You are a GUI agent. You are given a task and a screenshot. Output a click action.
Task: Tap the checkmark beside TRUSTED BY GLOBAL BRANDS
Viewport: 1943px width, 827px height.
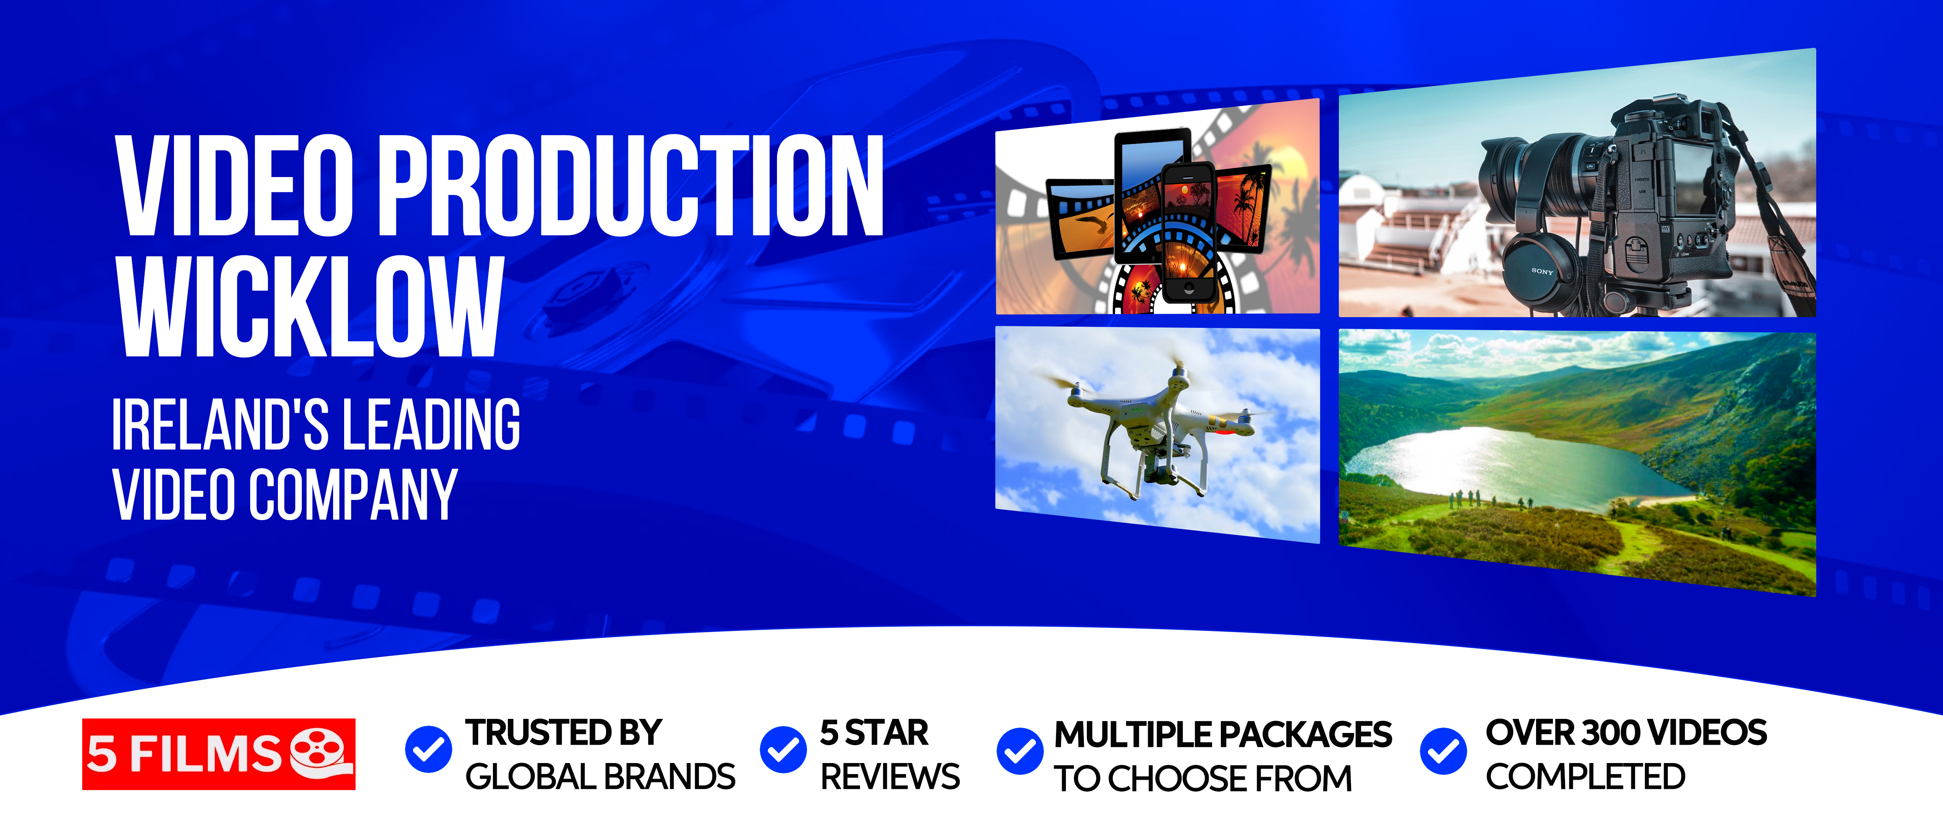tap(428, 749)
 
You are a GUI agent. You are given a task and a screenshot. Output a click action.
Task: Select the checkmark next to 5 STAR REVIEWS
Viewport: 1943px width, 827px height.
tap(783, 749)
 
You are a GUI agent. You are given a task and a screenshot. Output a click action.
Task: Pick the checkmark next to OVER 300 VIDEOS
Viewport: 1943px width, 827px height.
tap(1443, 751)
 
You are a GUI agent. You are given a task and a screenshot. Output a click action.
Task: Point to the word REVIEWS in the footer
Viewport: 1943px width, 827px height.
tap(890, 777)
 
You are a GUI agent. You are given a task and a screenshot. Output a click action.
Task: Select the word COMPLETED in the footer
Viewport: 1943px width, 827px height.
tap(1586, 777)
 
